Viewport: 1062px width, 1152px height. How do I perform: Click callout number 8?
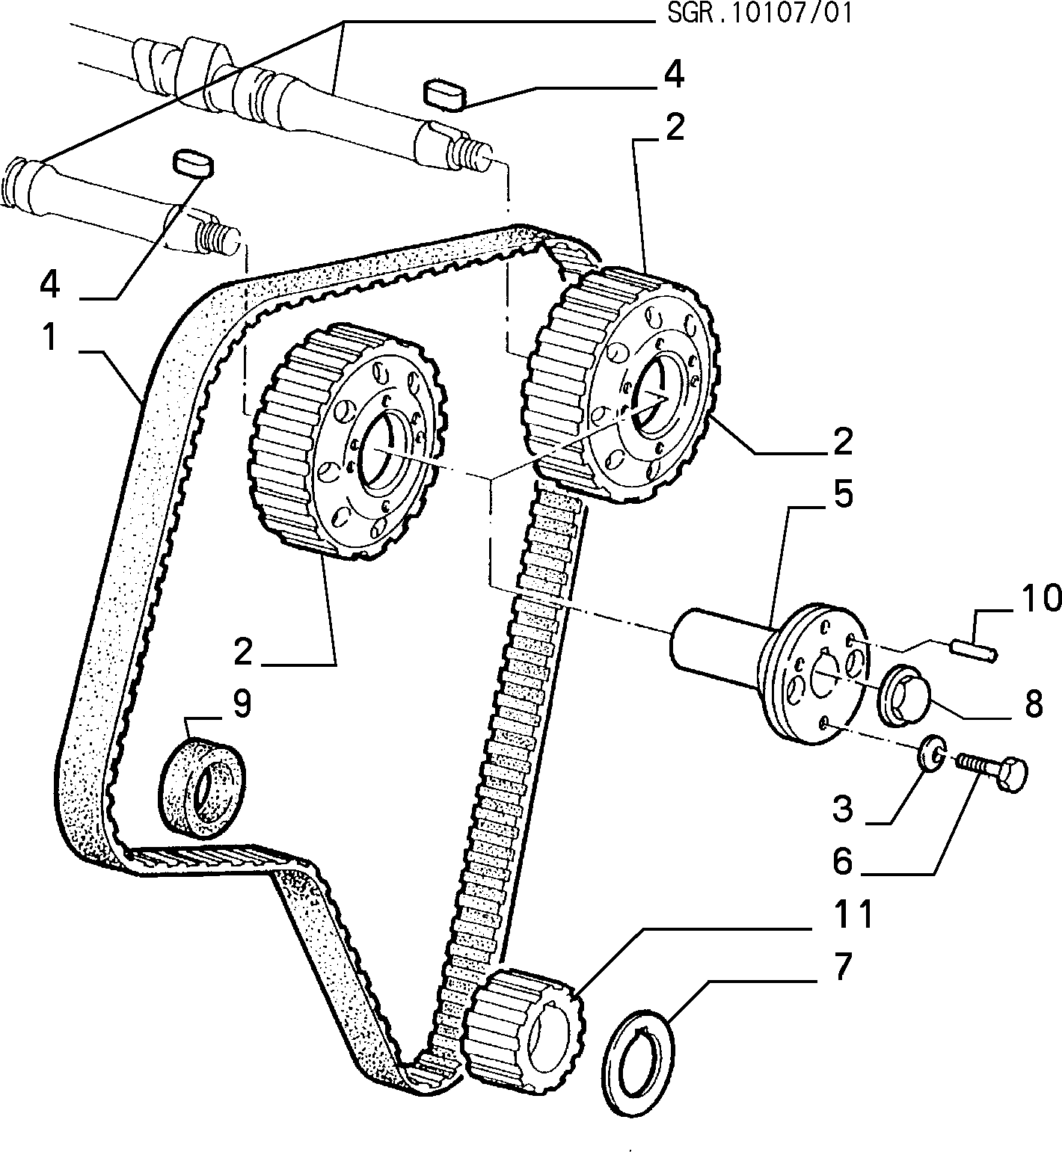pyautogui.click(x=1033, y=703)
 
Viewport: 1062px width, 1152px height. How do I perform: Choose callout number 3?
pyautogui.click(x=843, y=808)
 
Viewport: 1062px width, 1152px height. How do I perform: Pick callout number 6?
pyautogui.click(x=843, y=861)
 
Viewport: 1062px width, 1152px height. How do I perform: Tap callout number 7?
pyautogui.click(x=843, y=967)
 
